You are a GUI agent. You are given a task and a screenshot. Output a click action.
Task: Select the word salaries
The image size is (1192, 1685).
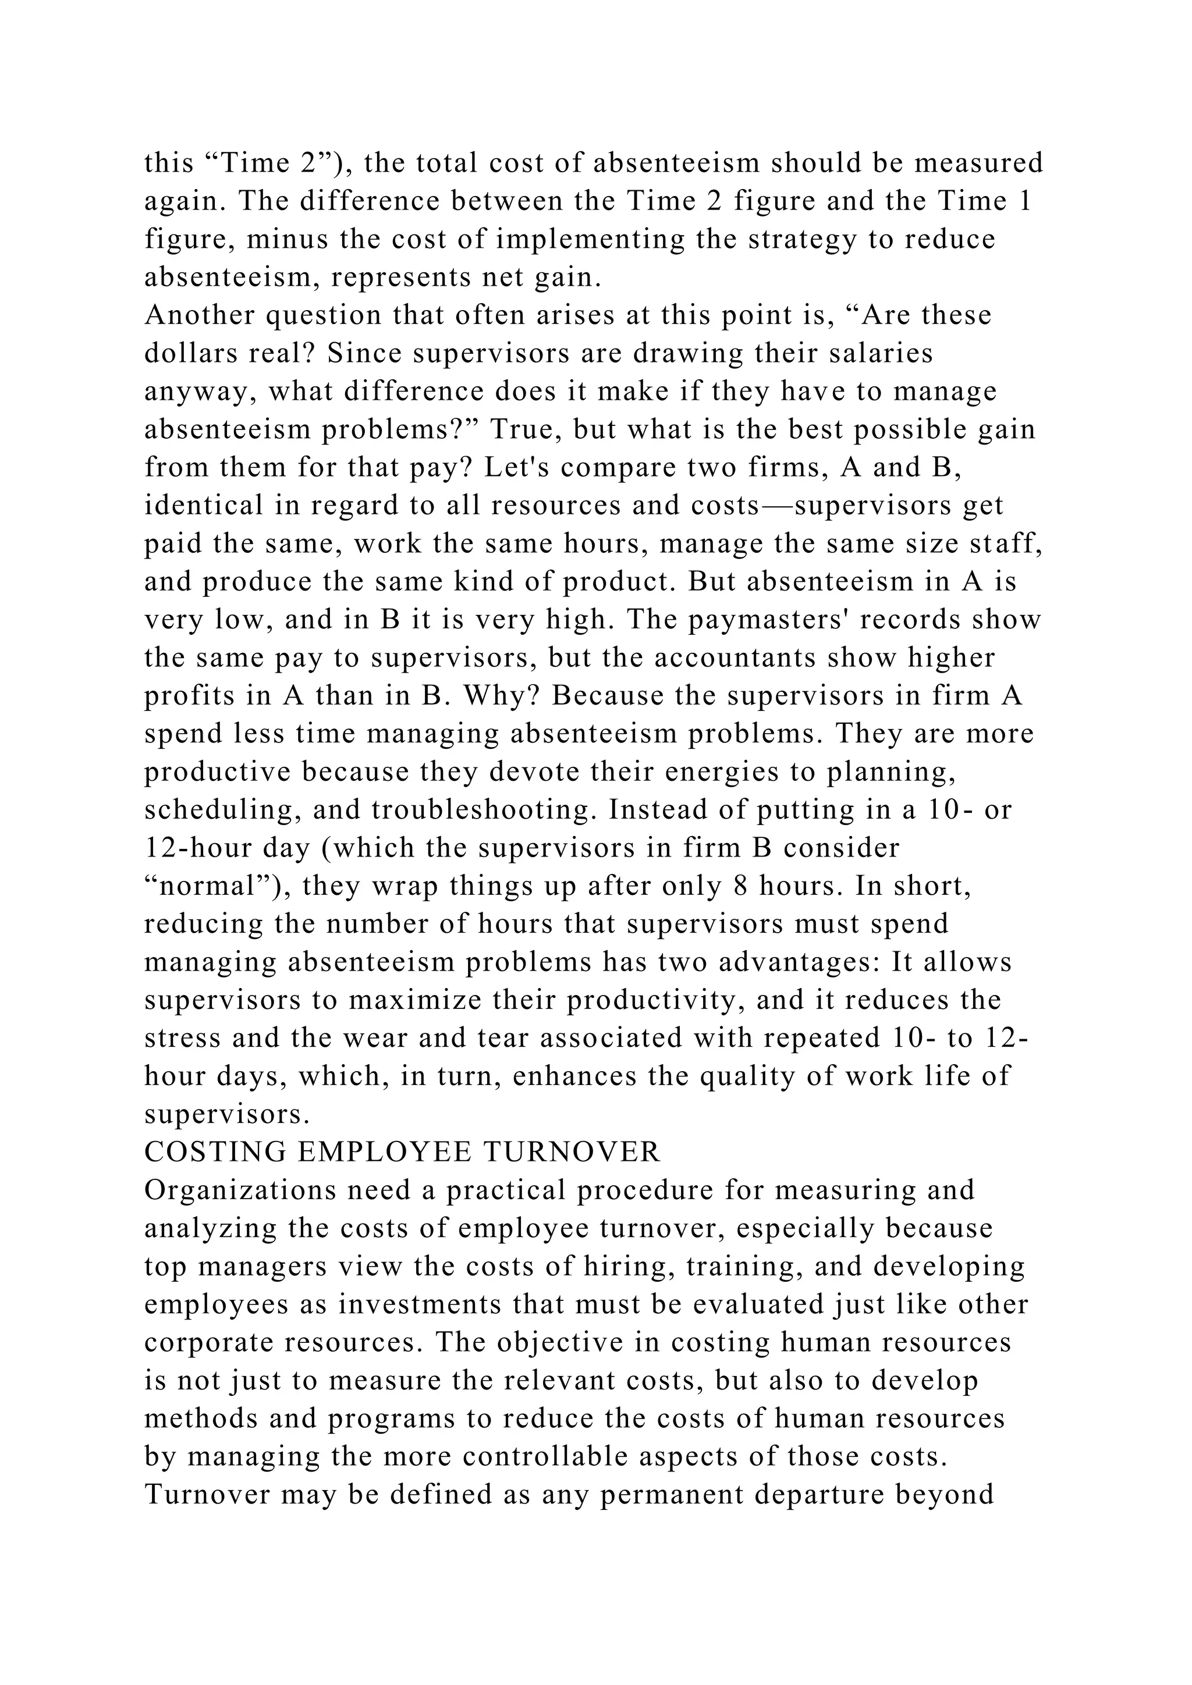881,353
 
